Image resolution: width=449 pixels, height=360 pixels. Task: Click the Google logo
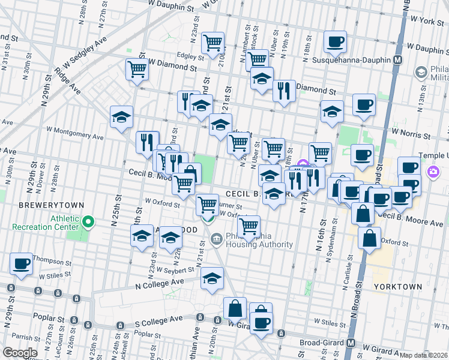tap(20, 353)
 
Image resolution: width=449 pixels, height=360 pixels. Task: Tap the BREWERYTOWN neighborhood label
tap(46, 205)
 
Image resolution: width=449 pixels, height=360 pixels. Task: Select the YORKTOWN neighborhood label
tap(397, 287)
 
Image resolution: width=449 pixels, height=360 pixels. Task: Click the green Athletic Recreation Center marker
tap(88, 223)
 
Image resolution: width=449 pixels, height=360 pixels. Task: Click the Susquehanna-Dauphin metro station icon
tap(397, 60)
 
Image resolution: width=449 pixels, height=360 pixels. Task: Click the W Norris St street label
tap(412, 131)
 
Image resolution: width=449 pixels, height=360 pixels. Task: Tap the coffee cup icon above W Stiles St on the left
tap(22, 263)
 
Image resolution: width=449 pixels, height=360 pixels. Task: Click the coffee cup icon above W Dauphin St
tap(335, 42)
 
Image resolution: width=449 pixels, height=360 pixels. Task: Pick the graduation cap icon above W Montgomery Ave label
tap(122, 117)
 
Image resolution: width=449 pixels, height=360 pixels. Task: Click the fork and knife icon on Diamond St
tap(284, 91)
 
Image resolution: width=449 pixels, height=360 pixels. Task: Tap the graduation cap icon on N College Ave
tap(212, 278)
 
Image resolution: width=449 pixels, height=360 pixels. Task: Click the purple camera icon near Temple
tap(433, 173)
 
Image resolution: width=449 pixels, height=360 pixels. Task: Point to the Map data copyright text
tap(424, 355)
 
